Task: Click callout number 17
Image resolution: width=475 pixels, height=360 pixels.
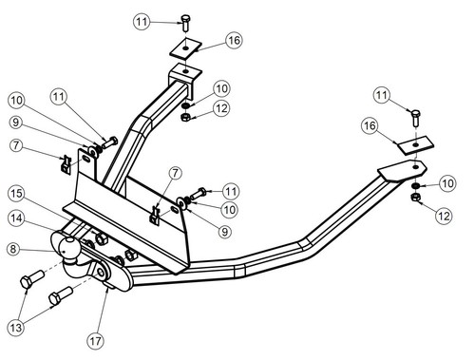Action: click(x=96, y=341)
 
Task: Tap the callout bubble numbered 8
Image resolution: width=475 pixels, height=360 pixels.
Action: click(x=13, y=249)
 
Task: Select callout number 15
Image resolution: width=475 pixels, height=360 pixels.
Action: click(x=16, y=194)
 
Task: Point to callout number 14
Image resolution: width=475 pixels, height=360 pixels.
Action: click(x=16, y=218)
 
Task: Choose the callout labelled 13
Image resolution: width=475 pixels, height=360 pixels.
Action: click(x=16, y=327)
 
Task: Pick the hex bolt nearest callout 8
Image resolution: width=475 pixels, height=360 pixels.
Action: click(x=31, y=279)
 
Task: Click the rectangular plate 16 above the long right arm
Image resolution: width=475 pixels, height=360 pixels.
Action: click(x=415, y=145)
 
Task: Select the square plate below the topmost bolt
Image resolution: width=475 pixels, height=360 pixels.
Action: click(x=185, y=47)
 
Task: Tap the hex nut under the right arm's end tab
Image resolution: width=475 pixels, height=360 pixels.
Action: click(x=415, y=198)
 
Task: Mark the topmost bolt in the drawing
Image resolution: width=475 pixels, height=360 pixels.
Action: click(x=185, y=22)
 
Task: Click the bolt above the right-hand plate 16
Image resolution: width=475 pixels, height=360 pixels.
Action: click(x=416, y=119)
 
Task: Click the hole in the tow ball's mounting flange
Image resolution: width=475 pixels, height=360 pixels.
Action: click(x=101, y=273)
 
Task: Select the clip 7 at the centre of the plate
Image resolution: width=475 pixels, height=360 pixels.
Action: click(x=155, y=216)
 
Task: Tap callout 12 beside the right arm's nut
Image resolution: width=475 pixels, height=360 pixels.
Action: click(x=444, y=217)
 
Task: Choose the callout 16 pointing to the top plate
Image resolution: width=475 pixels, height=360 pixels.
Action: click(x=234, y=40)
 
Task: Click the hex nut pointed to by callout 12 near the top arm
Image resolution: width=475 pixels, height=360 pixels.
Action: click(x=185, y=118)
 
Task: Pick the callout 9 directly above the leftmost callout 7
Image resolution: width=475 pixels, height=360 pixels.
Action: click(x=16, y=123)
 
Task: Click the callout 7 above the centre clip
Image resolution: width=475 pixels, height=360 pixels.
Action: click(x=175, y=173)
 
